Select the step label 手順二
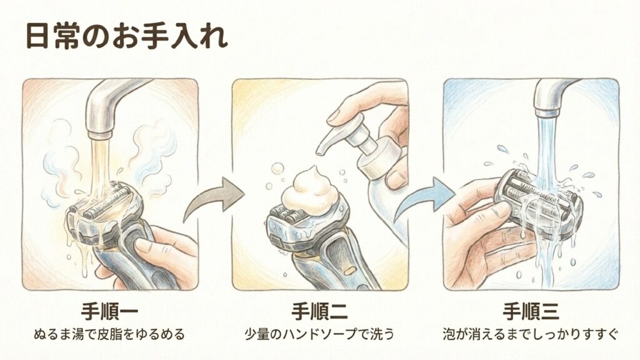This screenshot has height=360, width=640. pos(319,311)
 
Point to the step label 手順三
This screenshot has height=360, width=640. pos(530,311)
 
